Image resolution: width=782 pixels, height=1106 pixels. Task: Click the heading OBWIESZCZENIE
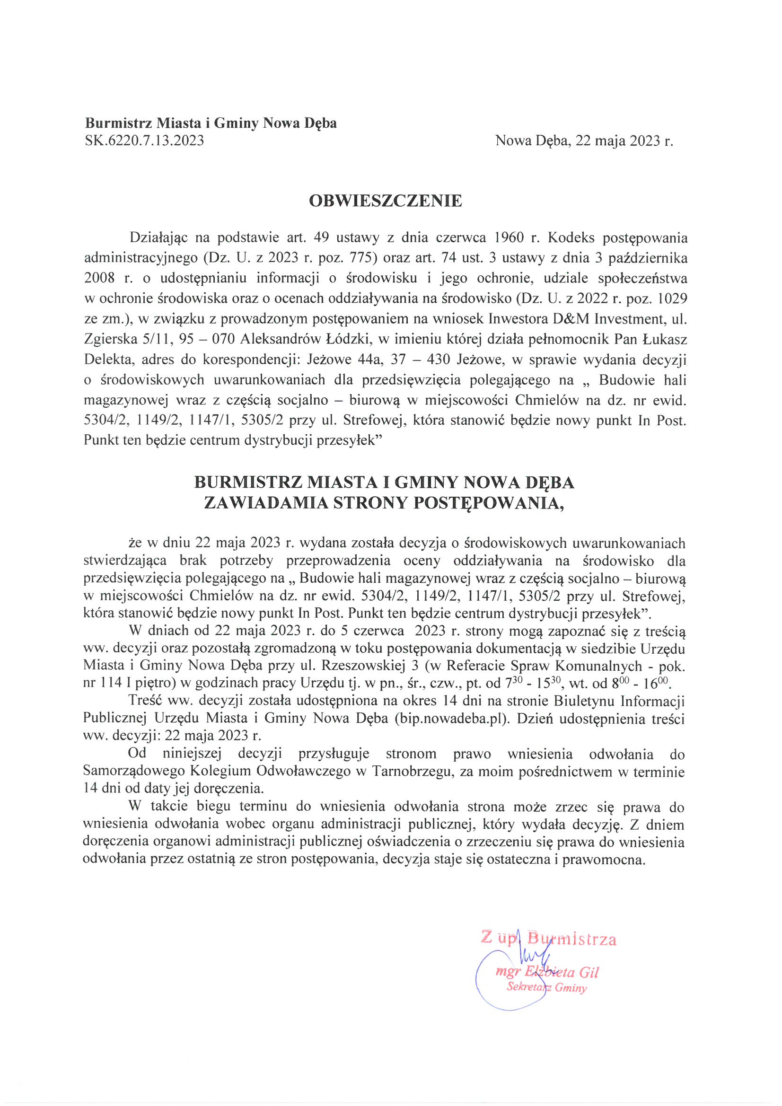(x=385, y=201)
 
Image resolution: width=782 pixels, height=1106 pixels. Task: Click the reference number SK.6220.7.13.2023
(x=144, y=140)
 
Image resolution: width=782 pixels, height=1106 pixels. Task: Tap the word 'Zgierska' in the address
(x=110, y=339)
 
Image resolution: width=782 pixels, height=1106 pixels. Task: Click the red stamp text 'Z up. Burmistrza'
(x=548, y=939)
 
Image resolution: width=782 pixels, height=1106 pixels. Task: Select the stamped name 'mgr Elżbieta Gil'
(x=547, y=973)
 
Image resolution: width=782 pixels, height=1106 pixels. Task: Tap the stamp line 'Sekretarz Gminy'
(x=546, y=988)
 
